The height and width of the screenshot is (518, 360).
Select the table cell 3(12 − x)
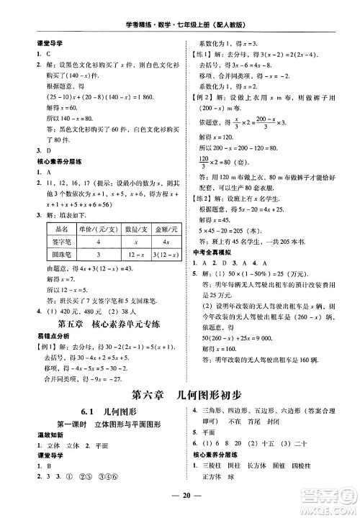point(166,254)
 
